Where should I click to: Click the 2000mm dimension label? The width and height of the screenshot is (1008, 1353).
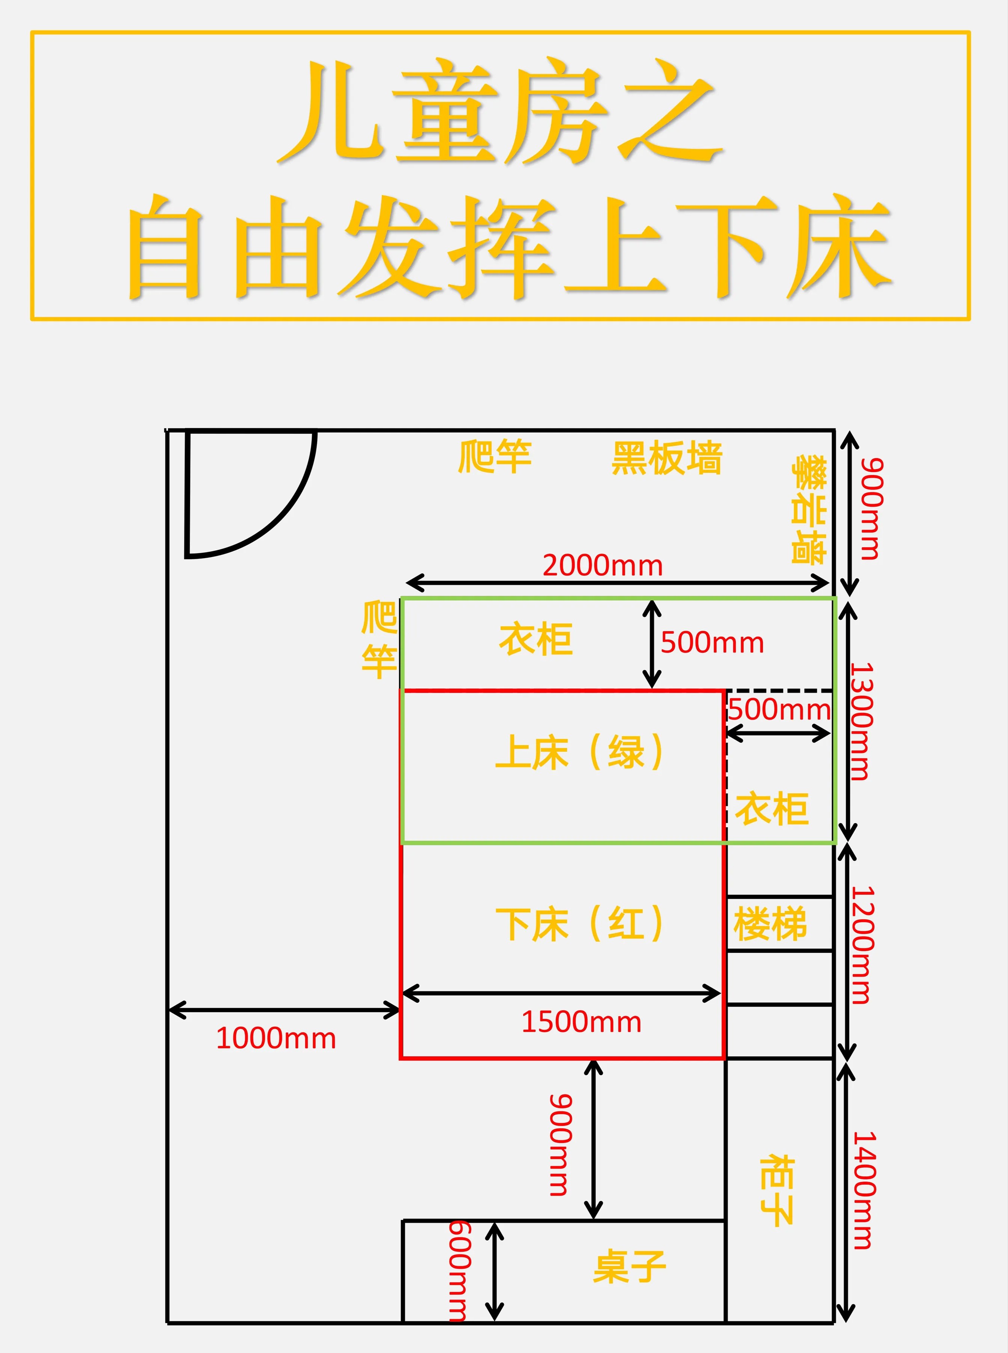point(602,566)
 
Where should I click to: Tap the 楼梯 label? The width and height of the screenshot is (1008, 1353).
point(770,924)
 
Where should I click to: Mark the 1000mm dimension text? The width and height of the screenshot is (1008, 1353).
point(276,1038)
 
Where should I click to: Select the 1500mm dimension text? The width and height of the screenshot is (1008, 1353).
point(581,1022)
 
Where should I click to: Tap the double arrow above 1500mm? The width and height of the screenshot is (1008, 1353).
point(562,993)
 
